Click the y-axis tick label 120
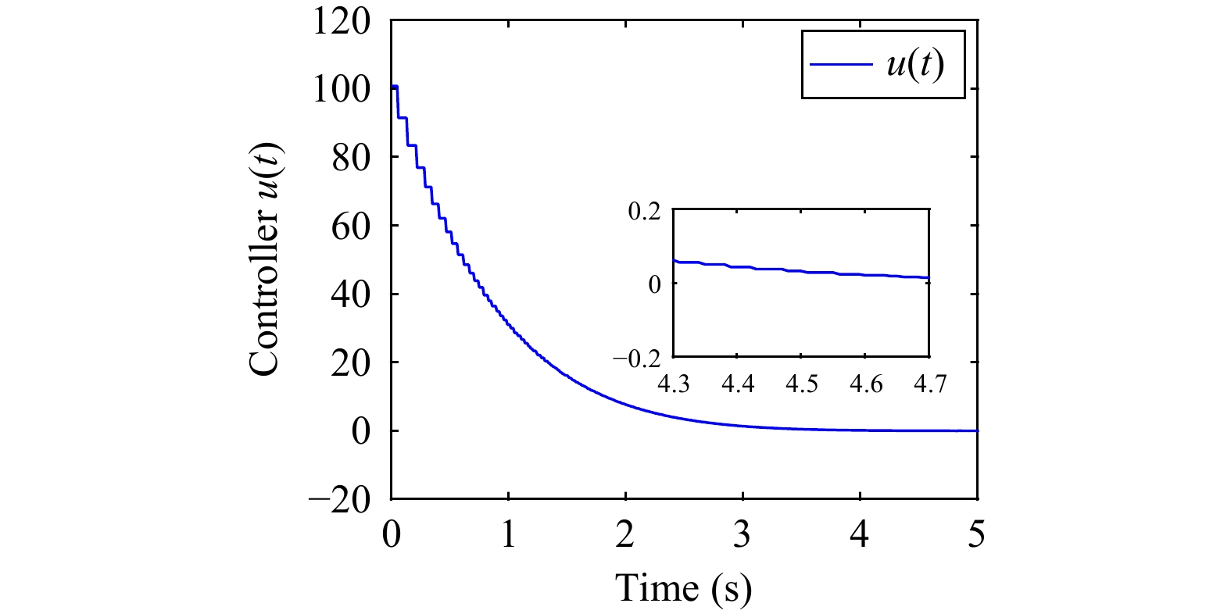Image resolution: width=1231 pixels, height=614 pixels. point(342,20)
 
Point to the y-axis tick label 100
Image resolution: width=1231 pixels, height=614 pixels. point(342,89)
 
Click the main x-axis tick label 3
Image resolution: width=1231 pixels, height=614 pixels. point(742,535)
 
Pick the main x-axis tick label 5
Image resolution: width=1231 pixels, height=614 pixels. point(976,535)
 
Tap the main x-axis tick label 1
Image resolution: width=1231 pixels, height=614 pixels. point(508,535)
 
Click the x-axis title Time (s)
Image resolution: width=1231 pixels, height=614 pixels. point(683,587)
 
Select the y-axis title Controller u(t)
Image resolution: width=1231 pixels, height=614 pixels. point(265,259)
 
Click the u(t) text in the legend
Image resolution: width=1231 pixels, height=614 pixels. point(914,65)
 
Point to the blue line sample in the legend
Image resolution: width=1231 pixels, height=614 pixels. point(841,65)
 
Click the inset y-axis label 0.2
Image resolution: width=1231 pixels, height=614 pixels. point(645,211)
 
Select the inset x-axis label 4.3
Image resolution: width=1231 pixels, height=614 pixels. point(674,384)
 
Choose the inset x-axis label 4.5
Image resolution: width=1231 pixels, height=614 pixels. point(801,384)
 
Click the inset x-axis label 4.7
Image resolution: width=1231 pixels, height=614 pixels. point(929,384)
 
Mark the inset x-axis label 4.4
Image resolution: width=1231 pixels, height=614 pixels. point(738,384)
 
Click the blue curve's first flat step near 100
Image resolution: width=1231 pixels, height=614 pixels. point(395,86)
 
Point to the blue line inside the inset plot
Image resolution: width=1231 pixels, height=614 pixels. point(801,271)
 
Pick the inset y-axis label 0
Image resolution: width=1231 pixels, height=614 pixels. point(655,284)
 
